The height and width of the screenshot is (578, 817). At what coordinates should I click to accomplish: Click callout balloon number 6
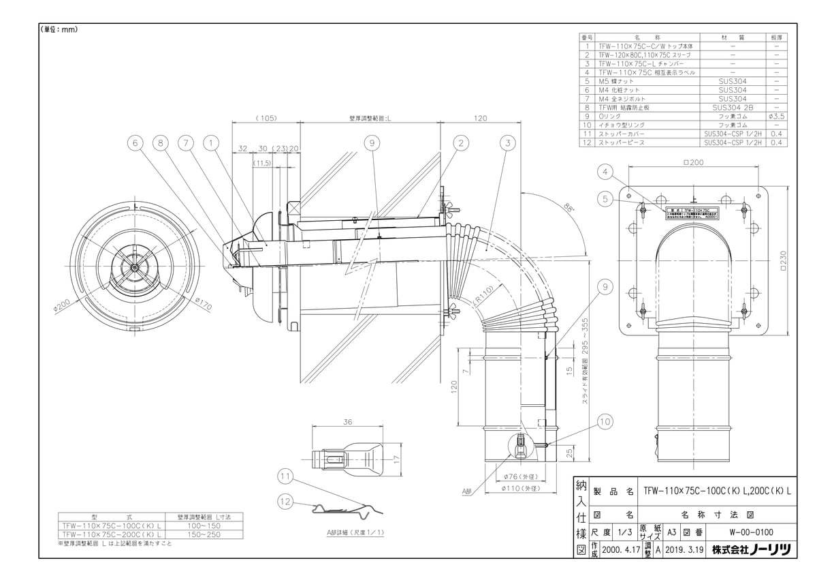click(135, 142)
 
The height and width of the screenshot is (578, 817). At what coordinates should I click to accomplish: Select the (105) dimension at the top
click(266, 118)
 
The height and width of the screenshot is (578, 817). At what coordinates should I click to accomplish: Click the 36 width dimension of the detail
click(347, 423)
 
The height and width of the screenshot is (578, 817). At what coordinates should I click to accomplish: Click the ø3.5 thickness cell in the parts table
click(776, 116)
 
